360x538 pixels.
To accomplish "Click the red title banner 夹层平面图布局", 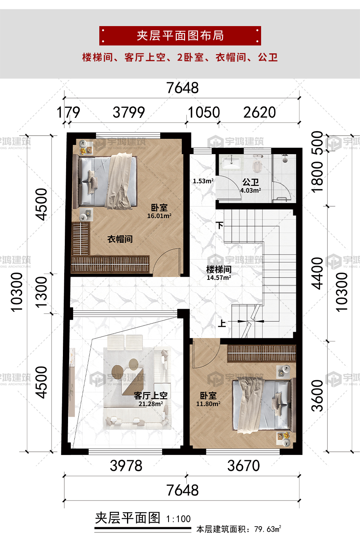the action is pyautogui.click(x=180, y=36).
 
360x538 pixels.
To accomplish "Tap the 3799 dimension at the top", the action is pyautogui.click(x=129, y=112).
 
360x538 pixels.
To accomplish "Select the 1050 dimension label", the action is pyautogui.click(x=204, y=112).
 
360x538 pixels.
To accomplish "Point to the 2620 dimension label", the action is pyautogui.click(x=260, y=112).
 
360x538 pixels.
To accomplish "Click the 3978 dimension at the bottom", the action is pyautogui.click(x=126, y=466).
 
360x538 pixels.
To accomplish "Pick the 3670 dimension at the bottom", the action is pyautogui.click(x=244, y=466).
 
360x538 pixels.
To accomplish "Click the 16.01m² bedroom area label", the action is pyautogui.click(x=159, y=216).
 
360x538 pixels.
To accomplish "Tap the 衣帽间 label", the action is pyautogui.click(x=120, y=239).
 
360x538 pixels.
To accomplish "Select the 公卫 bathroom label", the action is pyautogui.click(x=251, y=182).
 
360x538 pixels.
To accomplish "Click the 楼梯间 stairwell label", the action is pyautogui.click(x=219, y=270).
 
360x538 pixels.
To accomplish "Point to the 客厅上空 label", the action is pyautogui.click(x=151, y=395).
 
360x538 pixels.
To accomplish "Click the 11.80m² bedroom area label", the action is pyautogui.click(x=208, y=404).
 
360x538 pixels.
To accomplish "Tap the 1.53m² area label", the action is pyautogui.click(x=203, y=181).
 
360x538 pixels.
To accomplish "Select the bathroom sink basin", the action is pyautogui.click(x=231, y=163).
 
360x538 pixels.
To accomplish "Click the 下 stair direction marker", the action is pyautogui.click(x=220, y=225).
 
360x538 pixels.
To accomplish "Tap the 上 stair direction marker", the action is pyautogui.click(x=222, y=323).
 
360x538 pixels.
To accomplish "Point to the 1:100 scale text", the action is pyautogui.click(x=178, y=519).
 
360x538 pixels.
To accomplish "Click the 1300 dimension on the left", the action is pyautogui.click(x=41, y=292).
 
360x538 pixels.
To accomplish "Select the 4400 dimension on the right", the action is pyautogui.click(x=317, y=274).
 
